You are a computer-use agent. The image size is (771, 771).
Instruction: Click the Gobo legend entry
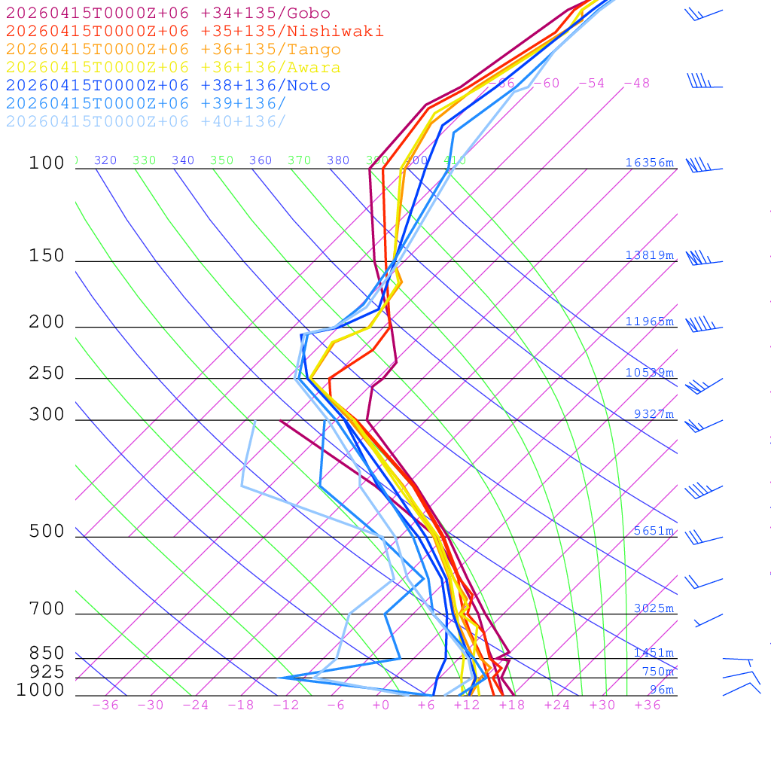[167, 13]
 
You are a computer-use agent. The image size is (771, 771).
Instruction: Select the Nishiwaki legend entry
[194, 31]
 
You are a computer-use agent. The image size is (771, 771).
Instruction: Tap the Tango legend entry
[173, 50]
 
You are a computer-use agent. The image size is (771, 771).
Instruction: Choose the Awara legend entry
[173, 68]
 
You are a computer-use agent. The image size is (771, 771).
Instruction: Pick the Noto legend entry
[167, 86]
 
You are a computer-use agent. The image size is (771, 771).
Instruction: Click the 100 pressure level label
[47, 163]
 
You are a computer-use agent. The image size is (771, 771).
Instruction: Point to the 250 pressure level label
[47, 373]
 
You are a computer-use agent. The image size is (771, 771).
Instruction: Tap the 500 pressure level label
[47, 532]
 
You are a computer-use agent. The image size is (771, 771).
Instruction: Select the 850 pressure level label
[47, 654]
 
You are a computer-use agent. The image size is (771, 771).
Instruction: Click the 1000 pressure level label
[41, 690]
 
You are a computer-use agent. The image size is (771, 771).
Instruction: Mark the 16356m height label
[649, 163]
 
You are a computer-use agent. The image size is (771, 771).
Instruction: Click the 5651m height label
[653, 531]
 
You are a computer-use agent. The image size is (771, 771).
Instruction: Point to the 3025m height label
[653, 608]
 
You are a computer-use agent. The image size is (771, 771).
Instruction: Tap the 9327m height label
[653, 414]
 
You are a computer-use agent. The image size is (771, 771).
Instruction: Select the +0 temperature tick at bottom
[381, 705]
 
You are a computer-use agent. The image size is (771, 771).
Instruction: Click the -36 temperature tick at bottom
[105, 705]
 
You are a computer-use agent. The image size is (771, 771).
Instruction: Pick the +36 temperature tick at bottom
[648, 705]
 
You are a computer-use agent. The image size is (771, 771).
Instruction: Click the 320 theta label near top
[105, 160]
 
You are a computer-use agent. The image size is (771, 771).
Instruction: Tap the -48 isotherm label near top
[636, 84]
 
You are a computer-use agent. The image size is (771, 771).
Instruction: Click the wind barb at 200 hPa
[702, 325]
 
